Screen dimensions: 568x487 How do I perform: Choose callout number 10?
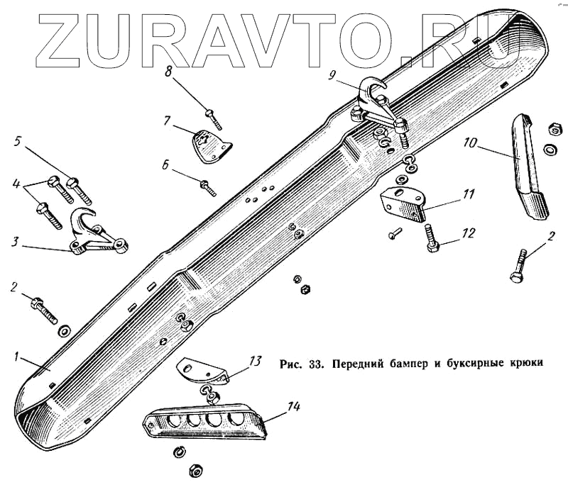469,142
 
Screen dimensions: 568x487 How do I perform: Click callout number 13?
256,361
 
